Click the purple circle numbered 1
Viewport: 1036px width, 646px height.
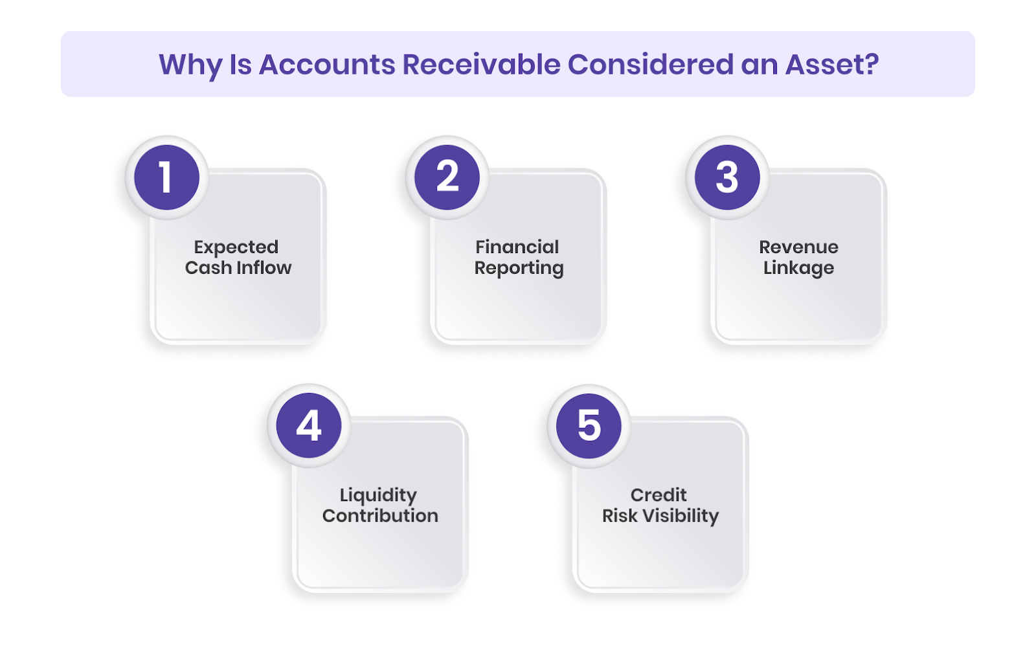[x=166, y=177]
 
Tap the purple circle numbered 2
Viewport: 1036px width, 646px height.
[x=447, y=177]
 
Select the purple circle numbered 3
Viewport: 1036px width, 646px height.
[x=727, y=177]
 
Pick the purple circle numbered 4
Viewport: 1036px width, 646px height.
[x=309, y=426]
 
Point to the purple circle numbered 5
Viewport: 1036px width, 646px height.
[x=589, y=426]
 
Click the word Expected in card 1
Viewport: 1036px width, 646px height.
[x=236, y=247]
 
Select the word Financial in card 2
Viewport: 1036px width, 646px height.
[x=517, y=247]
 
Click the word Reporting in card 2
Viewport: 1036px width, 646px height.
[x=519, y=269]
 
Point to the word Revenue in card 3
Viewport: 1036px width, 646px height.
[x=798, y=247]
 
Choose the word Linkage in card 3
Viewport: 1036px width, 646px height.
[x=798, y=269]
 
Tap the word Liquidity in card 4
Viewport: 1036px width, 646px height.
[x=378, y=496]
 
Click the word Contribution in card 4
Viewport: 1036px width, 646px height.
[x=380, y=516]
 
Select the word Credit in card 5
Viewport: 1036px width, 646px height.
[x=659, y=495]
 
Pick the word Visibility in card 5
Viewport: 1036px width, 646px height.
[x=681, y=516]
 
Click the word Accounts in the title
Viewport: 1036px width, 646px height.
[x=327, y=65]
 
